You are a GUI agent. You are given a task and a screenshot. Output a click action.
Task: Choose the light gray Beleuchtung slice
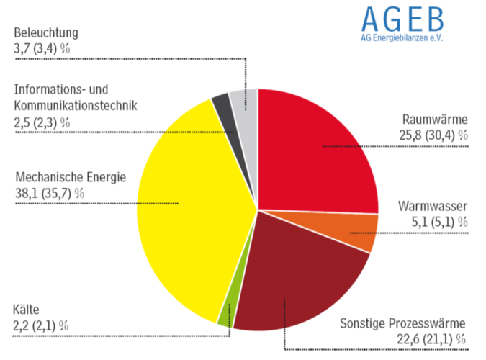point(243,101)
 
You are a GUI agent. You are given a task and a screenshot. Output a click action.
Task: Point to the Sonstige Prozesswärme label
point(403,324)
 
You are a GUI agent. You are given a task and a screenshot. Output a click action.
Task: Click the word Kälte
point(27,310)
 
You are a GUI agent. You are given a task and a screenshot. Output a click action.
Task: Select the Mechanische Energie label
point(70,177)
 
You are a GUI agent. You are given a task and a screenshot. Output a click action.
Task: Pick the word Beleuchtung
point(45,32)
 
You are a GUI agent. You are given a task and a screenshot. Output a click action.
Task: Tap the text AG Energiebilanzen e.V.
point(402,37)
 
